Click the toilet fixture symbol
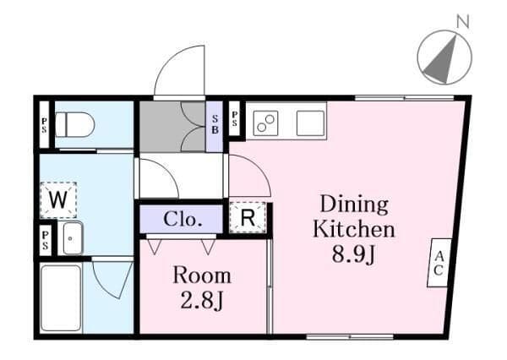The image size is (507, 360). pos(74,124)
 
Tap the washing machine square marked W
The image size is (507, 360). pos(58,200)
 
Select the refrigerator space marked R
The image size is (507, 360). pos(248,217)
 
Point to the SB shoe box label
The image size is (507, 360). pos(215,124)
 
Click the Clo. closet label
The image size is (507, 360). pos(183,219)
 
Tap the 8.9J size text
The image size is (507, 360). pos(353,254)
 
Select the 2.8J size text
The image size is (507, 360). pos(201,301)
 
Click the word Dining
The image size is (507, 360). pos(354,205)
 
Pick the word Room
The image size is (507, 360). pos(202,275)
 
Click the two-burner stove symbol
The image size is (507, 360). pos(265,123)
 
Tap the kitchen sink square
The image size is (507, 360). pos(310,123)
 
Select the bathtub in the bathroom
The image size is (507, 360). pos(61,298)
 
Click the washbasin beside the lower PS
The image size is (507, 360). pos(73,238)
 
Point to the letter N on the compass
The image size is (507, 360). pos(463,22)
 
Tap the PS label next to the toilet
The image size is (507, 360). pos(44,125)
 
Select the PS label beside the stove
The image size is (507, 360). pos(235,118)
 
